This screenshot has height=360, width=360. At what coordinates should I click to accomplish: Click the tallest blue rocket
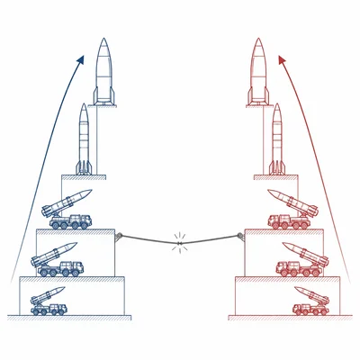pos(104,72)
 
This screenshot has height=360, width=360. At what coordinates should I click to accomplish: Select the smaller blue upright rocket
pos(84,139)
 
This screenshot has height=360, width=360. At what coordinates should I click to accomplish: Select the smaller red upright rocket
pos(276,139)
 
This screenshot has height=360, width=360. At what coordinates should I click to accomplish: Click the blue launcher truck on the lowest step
pos(49,302)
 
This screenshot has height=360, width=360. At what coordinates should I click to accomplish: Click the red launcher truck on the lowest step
pos(311,302)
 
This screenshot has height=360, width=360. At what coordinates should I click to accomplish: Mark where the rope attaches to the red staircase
pos(241,237)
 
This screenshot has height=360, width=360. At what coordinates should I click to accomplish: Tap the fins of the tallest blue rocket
pos(104,97)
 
